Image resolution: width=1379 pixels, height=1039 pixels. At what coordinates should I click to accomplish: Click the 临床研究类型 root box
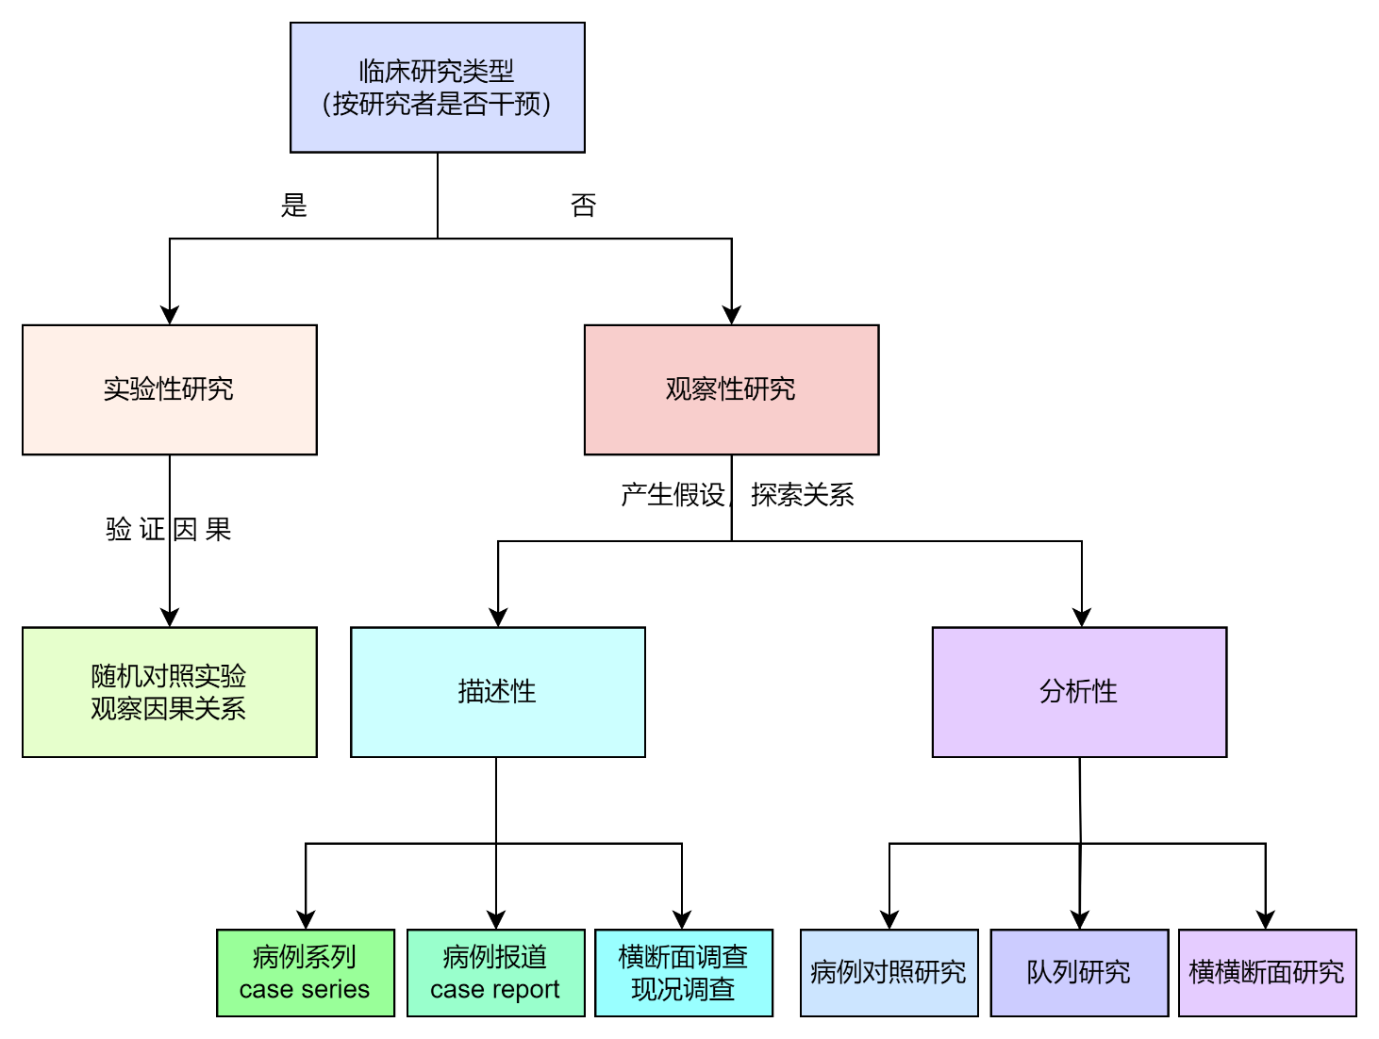437,87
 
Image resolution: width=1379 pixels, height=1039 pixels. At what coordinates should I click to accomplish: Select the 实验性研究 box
169,389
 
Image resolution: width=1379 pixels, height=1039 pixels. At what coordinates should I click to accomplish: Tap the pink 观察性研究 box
731,389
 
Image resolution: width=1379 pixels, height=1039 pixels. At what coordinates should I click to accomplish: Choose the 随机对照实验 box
169,692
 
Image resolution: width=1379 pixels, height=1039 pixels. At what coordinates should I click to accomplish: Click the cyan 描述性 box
497,692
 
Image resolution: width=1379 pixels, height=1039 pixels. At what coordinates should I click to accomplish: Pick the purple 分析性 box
1079,692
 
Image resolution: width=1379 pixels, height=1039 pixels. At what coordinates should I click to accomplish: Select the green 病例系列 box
305,973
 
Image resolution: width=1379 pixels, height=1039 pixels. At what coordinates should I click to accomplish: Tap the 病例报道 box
495,973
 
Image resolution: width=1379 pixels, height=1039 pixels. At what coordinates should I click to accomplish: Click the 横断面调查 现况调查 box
683,973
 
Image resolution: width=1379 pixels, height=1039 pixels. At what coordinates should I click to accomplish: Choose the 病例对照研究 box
889,973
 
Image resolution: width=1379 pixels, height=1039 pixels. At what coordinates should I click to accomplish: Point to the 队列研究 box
1079,973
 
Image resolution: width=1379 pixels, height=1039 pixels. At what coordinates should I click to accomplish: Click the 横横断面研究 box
1267,973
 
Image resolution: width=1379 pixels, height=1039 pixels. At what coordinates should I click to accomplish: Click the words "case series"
305,989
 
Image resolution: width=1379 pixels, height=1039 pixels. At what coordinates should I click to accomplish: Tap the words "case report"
495,989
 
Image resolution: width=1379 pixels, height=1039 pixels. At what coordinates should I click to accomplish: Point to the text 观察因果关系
169,709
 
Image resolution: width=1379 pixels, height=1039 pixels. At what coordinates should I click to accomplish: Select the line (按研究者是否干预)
437,104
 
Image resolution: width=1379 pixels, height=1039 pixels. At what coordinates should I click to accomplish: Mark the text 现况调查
683,989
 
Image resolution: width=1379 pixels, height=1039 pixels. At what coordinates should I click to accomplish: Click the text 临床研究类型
437,71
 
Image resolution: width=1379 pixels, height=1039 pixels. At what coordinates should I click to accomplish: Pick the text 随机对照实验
169,676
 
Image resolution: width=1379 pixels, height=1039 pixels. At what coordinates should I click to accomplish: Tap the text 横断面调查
683,957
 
